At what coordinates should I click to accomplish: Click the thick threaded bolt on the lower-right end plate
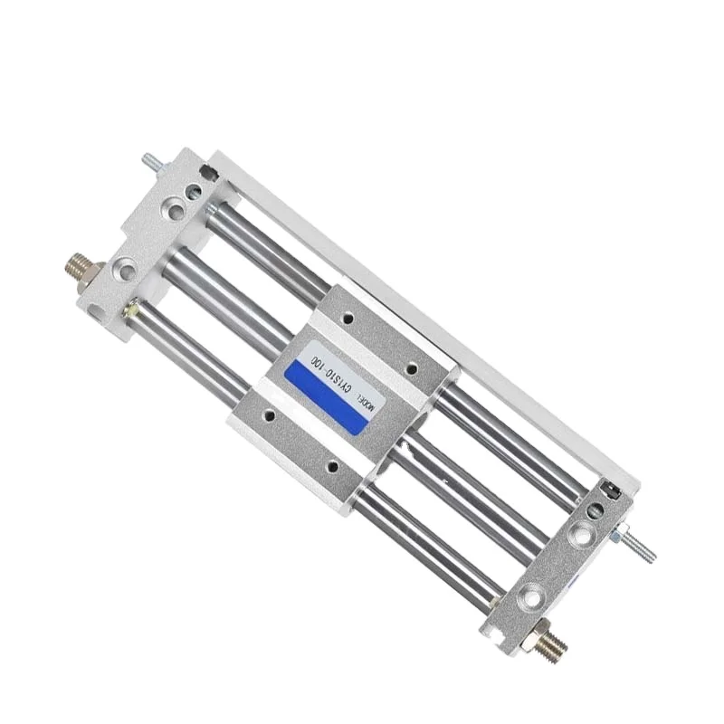click(554, 643)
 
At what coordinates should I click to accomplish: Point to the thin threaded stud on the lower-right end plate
click(641, 547)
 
